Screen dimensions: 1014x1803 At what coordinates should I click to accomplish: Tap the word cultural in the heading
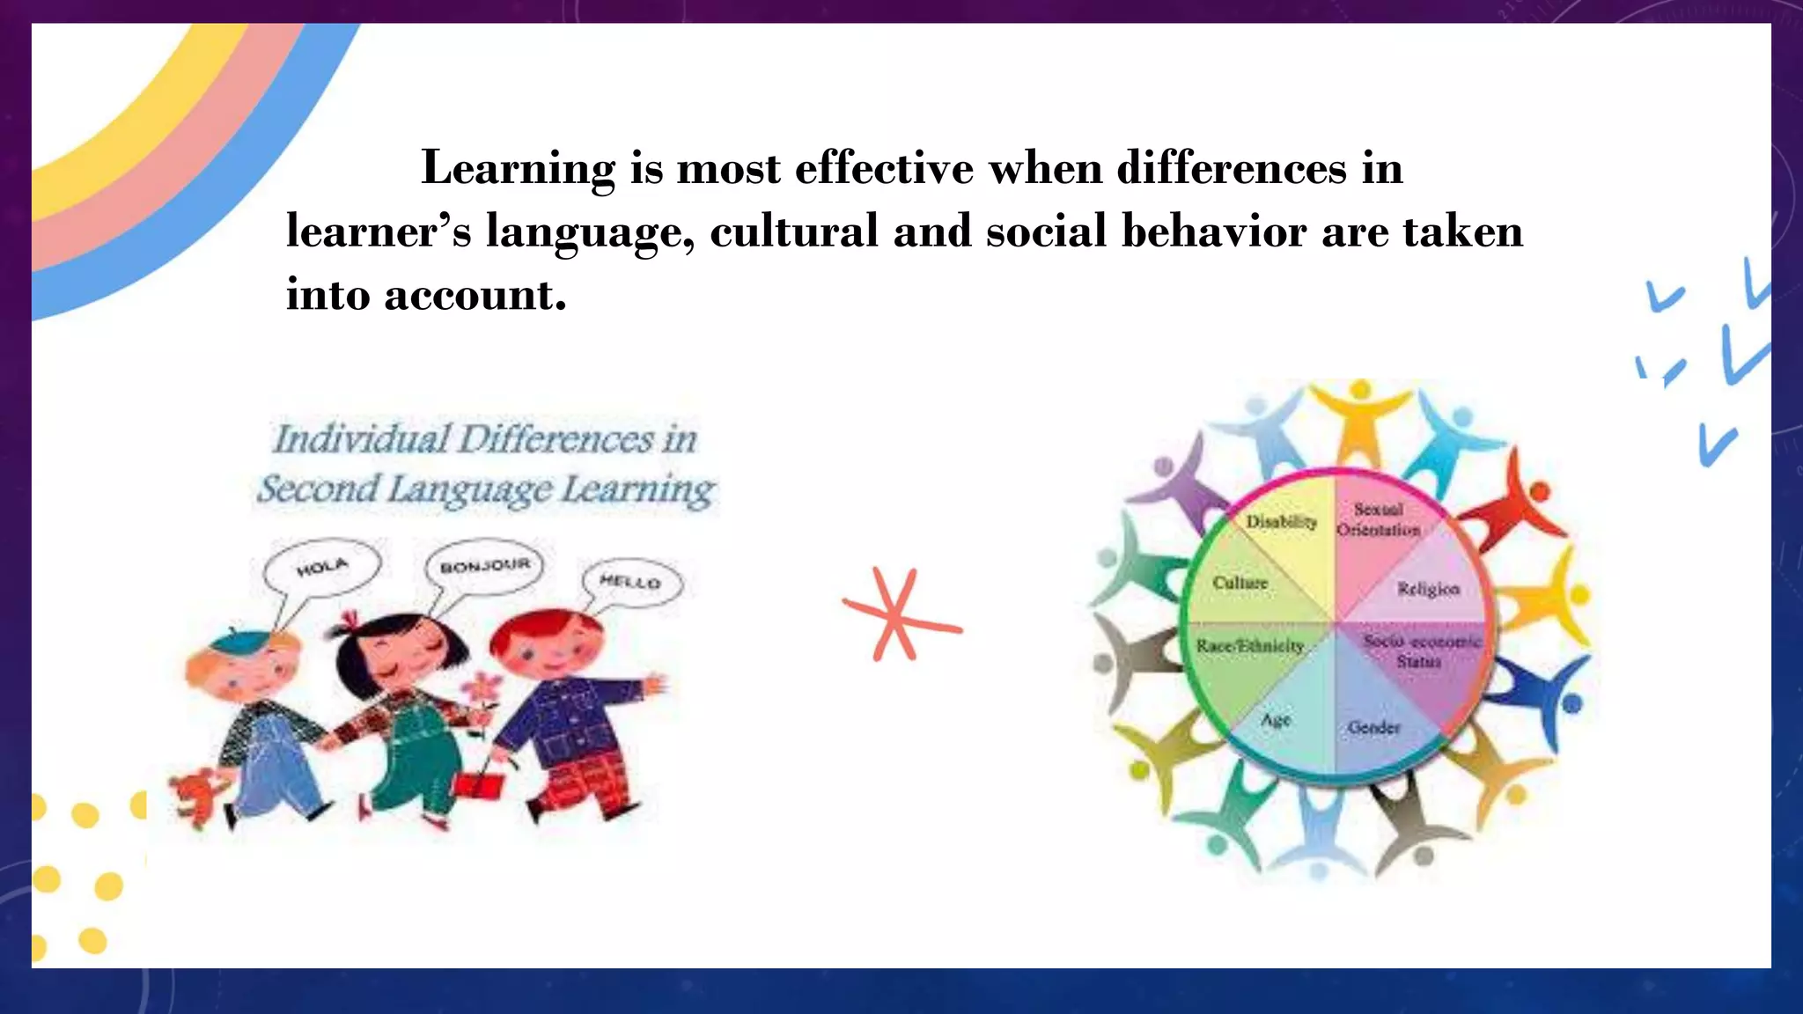coord(794,231)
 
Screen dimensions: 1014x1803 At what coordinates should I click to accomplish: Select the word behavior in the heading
coord(1214,231)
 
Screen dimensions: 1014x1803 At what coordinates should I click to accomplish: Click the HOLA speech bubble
coord(322,568)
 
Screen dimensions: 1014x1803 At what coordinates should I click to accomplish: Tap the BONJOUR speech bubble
coord(484,566)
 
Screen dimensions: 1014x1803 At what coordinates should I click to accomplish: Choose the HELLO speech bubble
coord(631,582)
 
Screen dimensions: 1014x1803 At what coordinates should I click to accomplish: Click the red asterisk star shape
coord(900,617)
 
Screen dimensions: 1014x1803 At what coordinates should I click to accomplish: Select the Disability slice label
coord(1281,522)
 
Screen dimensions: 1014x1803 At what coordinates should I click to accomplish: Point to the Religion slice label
coord(1428,589)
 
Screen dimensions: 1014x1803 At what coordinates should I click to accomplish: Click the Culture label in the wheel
coord(1240,583)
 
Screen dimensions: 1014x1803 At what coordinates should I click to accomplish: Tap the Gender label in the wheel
coord(1373,728)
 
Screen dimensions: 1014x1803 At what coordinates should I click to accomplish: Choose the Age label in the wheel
coord(1276,720)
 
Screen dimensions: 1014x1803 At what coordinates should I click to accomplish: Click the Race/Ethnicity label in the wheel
coord(1249,646)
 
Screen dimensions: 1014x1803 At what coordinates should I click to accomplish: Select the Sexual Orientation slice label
coord(1379,519)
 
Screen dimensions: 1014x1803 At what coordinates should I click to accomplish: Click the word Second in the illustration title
coord(318,489)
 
